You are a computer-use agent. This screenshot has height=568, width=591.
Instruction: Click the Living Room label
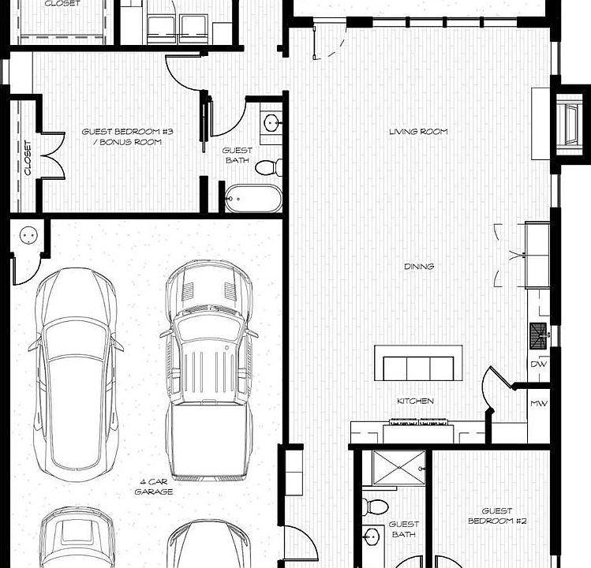click(418, 132)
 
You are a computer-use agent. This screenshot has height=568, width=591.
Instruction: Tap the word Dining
click(418, 267)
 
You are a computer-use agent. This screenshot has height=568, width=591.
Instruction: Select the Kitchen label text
click(415, 402)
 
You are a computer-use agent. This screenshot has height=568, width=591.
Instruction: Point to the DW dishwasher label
click(540, 364)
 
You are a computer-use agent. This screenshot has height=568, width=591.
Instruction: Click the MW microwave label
click(539, 404)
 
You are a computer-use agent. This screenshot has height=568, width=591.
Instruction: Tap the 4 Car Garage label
click(153, 487)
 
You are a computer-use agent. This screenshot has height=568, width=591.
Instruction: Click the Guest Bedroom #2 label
click(496, 516)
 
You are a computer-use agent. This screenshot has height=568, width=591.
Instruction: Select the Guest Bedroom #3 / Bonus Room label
click(122, 137)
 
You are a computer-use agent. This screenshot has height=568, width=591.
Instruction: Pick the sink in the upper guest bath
click(271, 123)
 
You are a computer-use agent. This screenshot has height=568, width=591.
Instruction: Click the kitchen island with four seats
click(418, 368)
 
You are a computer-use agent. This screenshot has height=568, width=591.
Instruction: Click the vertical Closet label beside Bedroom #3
click(28, 158)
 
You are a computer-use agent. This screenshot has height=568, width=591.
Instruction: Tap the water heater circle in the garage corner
click(29, 234)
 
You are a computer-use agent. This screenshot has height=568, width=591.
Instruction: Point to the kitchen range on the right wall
click(539, 332)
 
